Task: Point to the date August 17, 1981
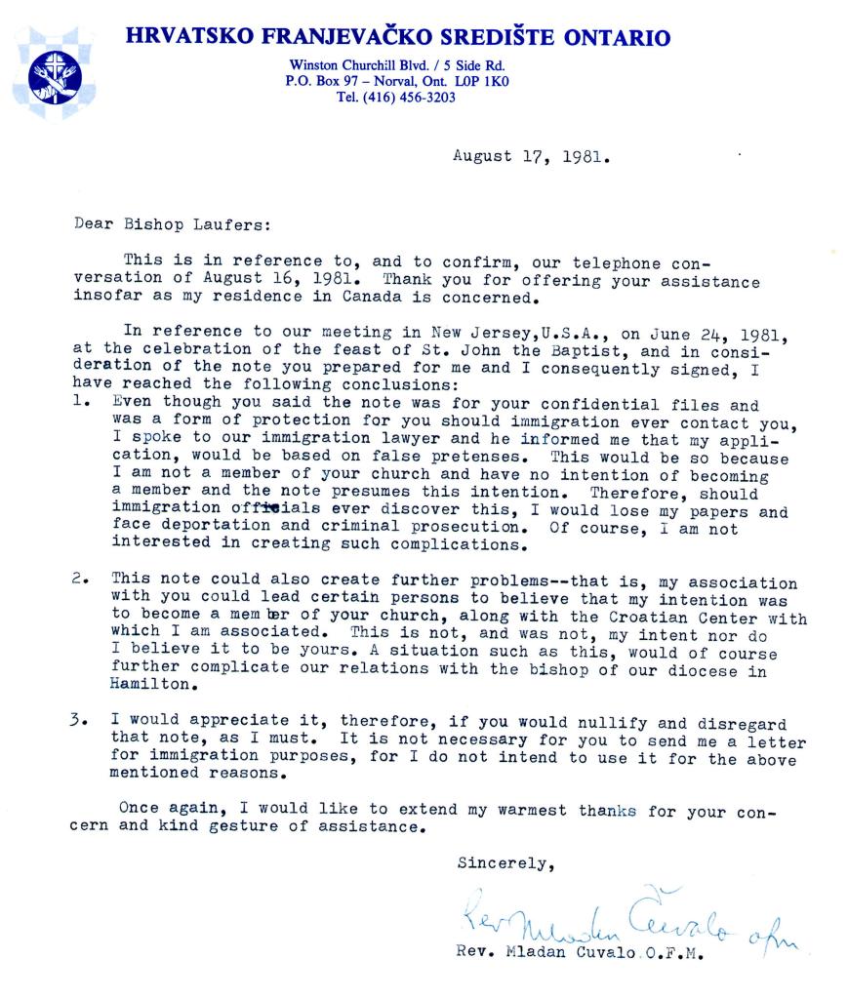tap(532, 154)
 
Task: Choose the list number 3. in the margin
tap(82, 718)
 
